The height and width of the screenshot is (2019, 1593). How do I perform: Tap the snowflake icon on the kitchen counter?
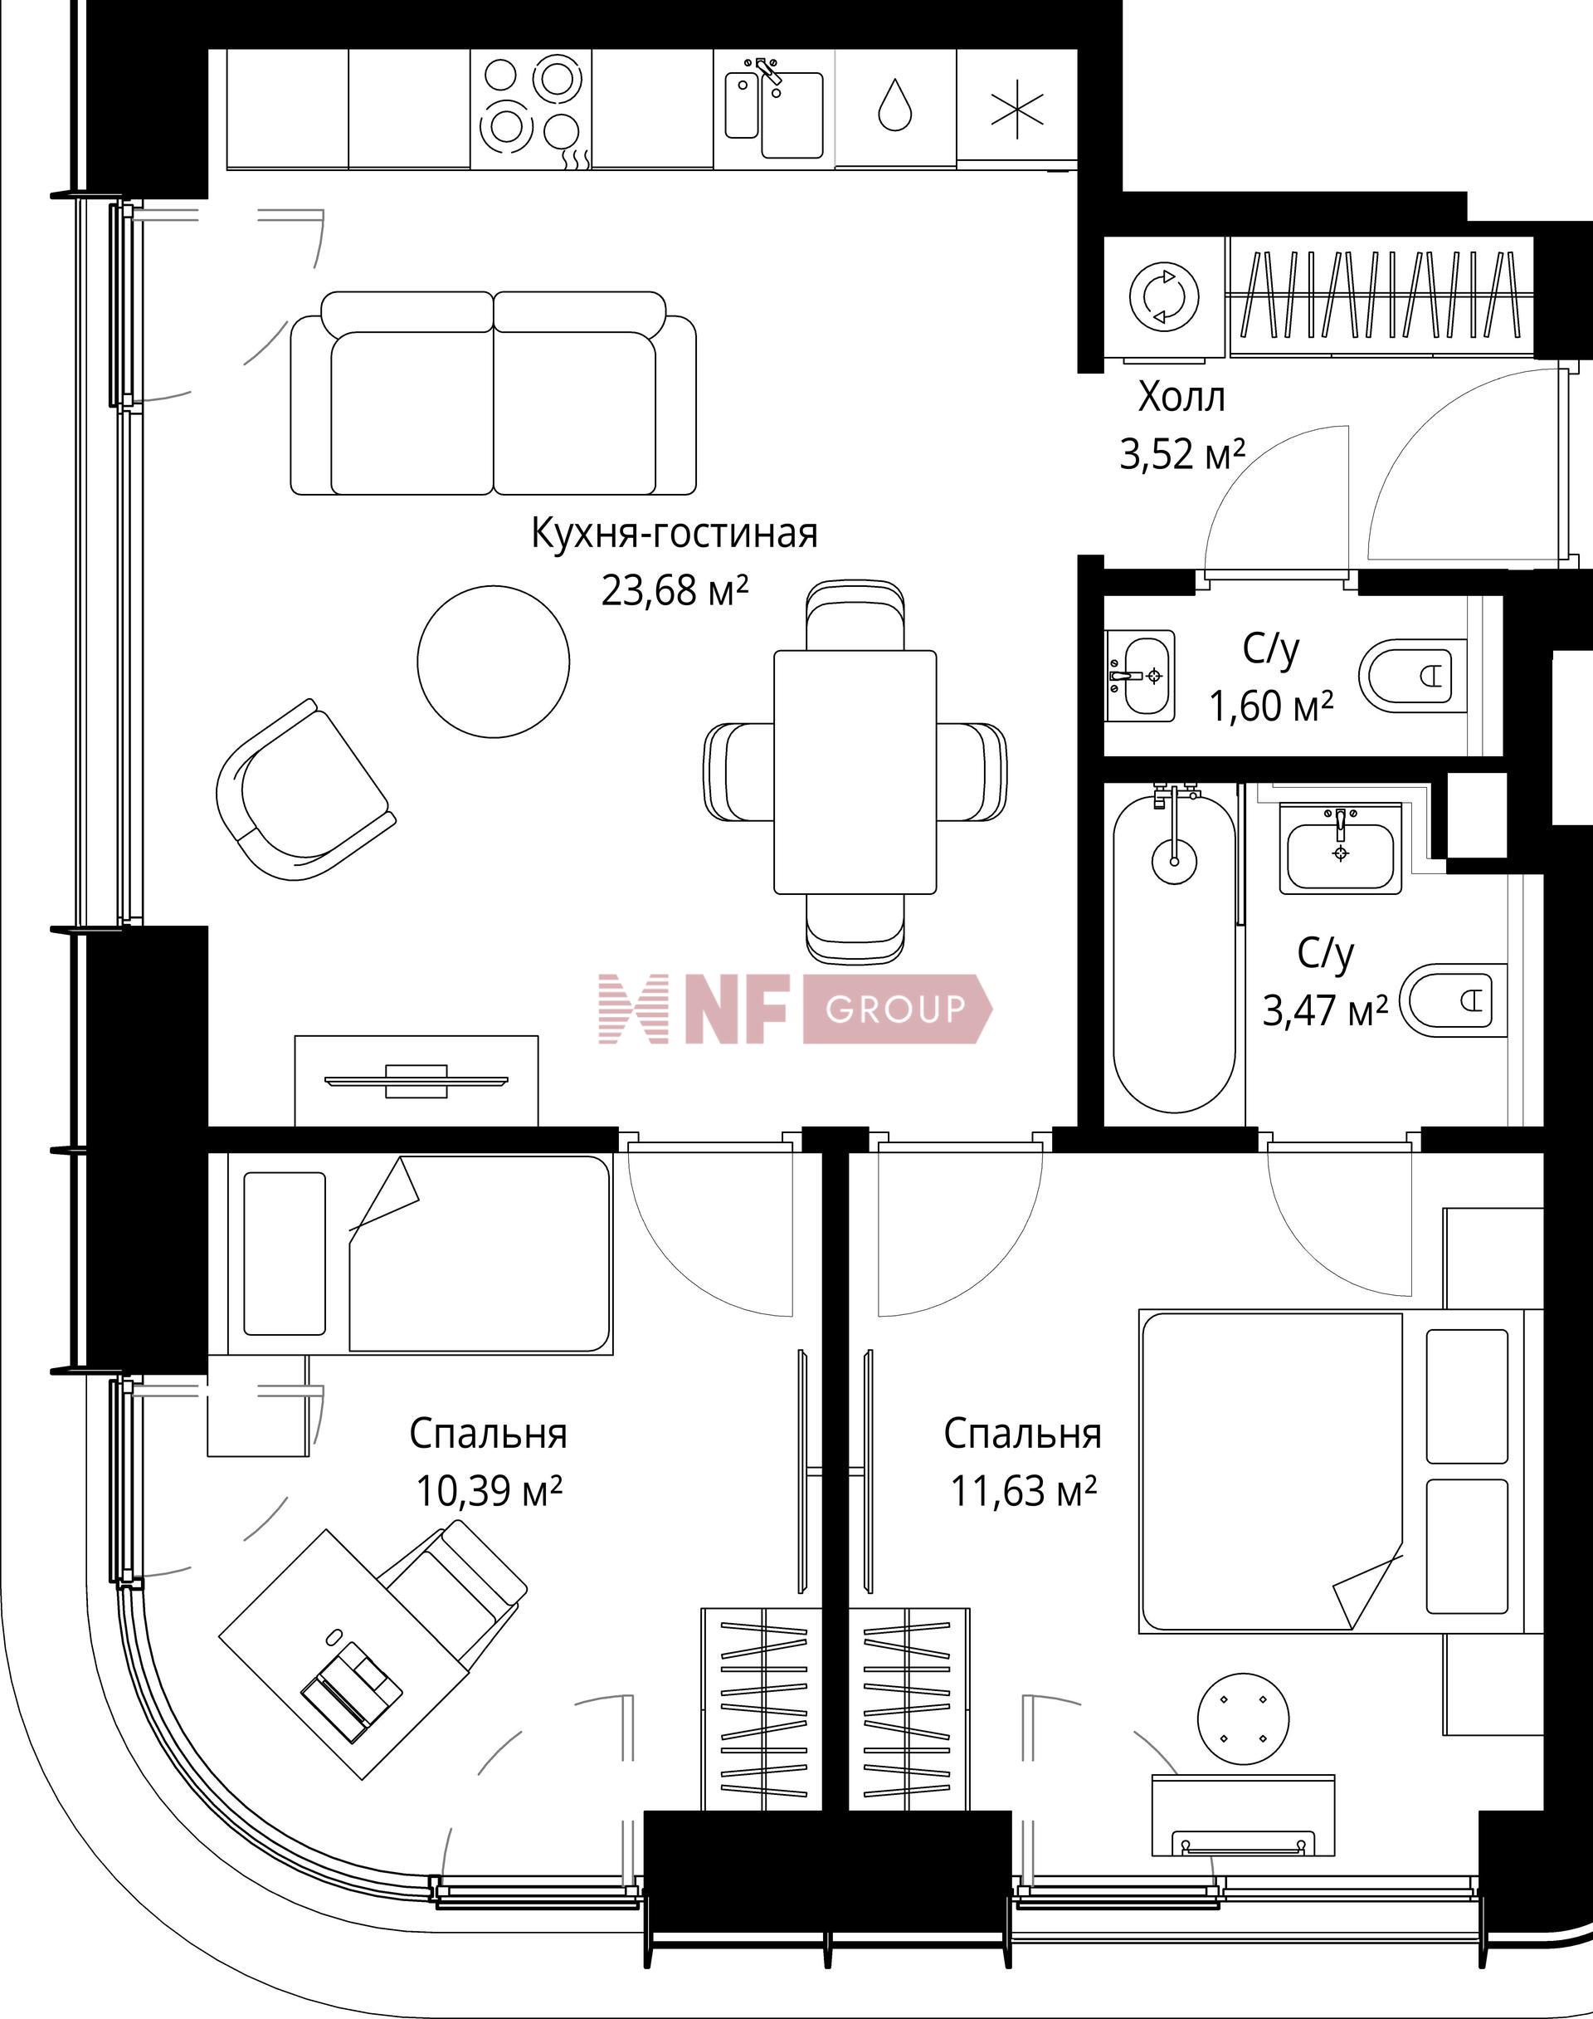coord(1016,110)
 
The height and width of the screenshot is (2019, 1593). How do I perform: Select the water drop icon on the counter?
coord(894,105)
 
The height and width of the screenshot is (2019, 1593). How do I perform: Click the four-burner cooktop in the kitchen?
coord(530,109)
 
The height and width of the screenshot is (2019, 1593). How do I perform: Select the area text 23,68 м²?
coord(675,590)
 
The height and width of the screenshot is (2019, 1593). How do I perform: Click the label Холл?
coord(1181,398)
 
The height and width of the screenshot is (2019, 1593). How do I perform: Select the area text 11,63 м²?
coord(1022,1491)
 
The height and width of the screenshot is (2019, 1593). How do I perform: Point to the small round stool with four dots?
coord(1243,1718)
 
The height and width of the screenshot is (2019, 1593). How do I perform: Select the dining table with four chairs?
coord(855,771)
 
